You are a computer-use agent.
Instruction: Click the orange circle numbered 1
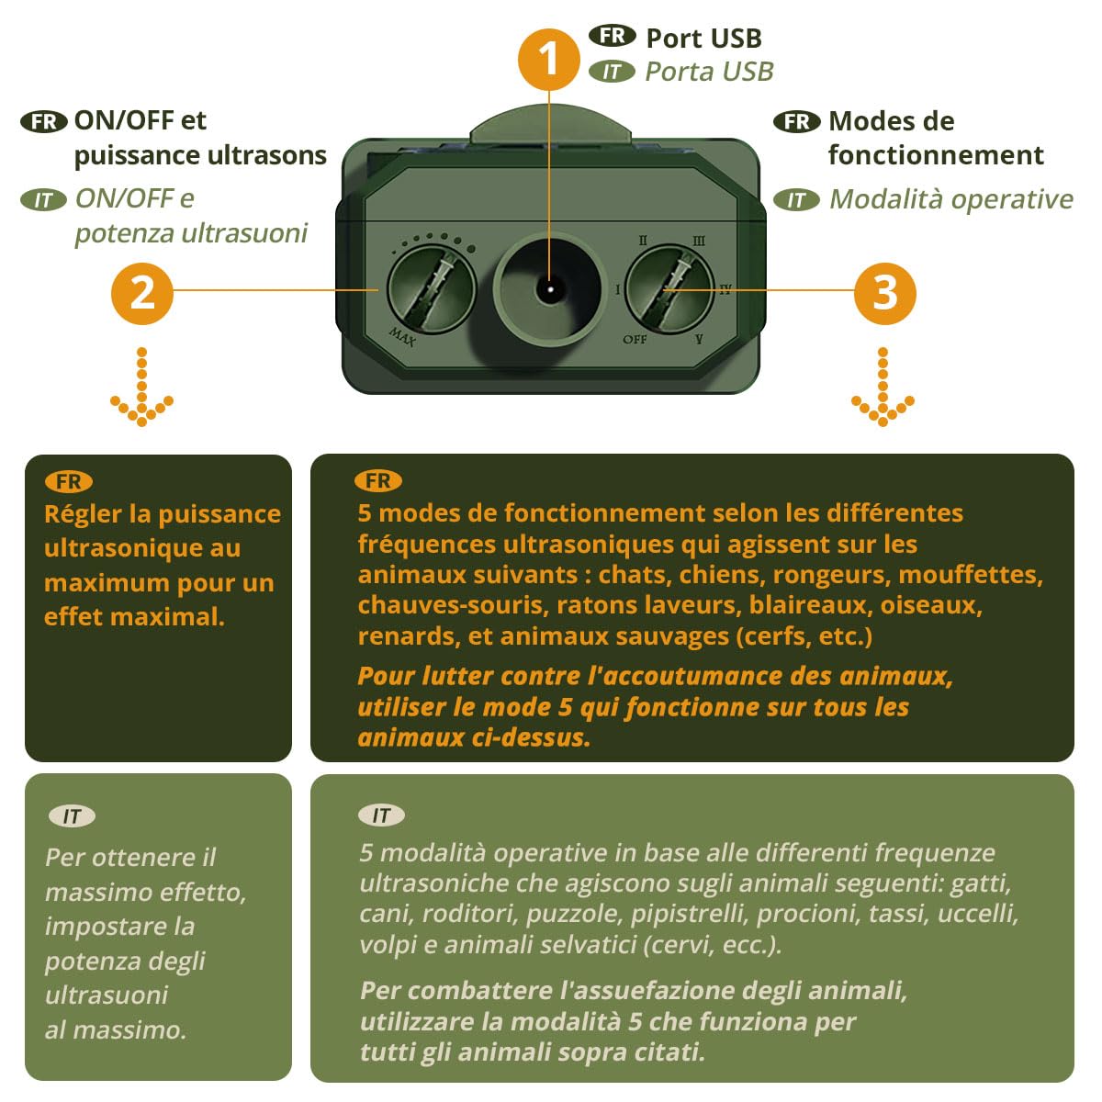(x=548, y=60)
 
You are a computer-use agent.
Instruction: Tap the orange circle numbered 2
(x=141, y=293)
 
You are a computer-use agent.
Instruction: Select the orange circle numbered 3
(x=884, y=293)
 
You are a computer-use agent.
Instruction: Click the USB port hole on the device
(x=550, y=289)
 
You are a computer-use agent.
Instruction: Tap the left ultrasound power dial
(x=432, y=289)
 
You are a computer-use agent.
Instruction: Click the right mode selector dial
(x=669, y=289)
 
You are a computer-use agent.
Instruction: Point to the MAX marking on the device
(x=402, y=336)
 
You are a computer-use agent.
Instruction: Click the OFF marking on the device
(x=635, y=340)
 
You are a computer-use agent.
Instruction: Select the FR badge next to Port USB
(x=612, y=36)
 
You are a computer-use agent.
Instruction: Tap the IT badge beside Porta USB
(x=612, y=72)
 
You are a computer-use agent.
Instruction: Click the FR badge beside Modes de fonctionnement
(x=796, y=122)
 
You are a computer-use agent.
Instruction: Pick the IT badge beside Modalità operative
(x=796, y=200)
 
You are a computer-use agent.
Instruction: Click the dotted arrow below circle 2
(x=141, y=388)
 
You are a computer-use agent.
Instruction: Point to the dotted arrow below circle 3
(x=883, y=388)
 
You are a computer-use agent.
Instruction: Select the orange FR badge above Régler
(x=69, y=482)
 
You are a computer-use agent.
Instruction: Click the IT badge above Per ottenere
(x=72, y=816)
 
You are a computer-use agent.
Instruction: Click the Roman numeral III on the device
(x=698, y=241)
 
